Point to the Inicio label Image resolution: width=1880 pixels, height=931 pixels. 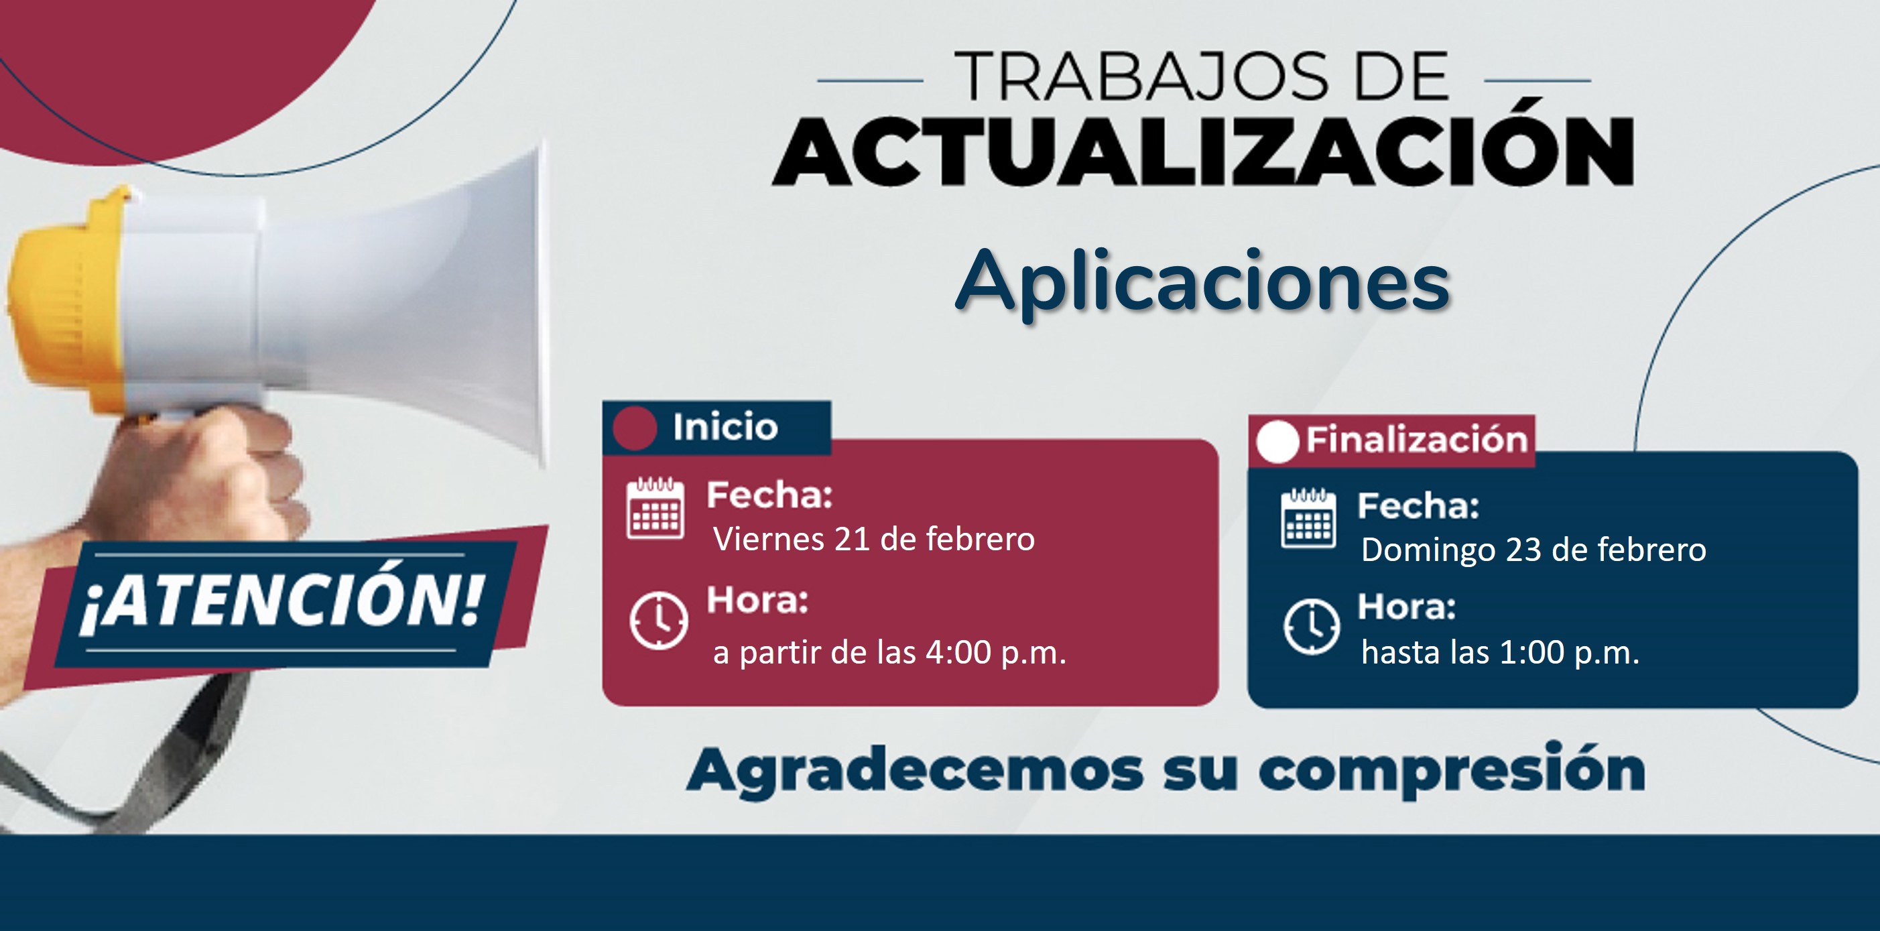coord(725,427)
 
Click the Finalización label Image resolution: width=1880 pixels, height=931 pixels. coord(1417,440)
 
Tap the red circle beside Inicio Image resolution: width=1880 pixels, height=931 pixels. coord(634,428)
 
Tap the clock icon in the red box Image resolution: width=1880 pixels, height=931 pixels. coord(658,621)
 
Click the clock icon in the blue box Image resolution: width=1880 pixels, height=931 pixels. coord(1312,626)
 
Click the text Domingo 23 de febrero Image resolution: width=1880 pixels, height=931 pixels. coord(1533,550)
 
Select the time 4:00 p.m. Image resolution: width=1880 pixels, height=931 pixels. coord(996,652)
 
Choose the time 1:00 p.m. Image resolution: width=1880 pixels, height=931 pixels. coord(1570,652)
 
